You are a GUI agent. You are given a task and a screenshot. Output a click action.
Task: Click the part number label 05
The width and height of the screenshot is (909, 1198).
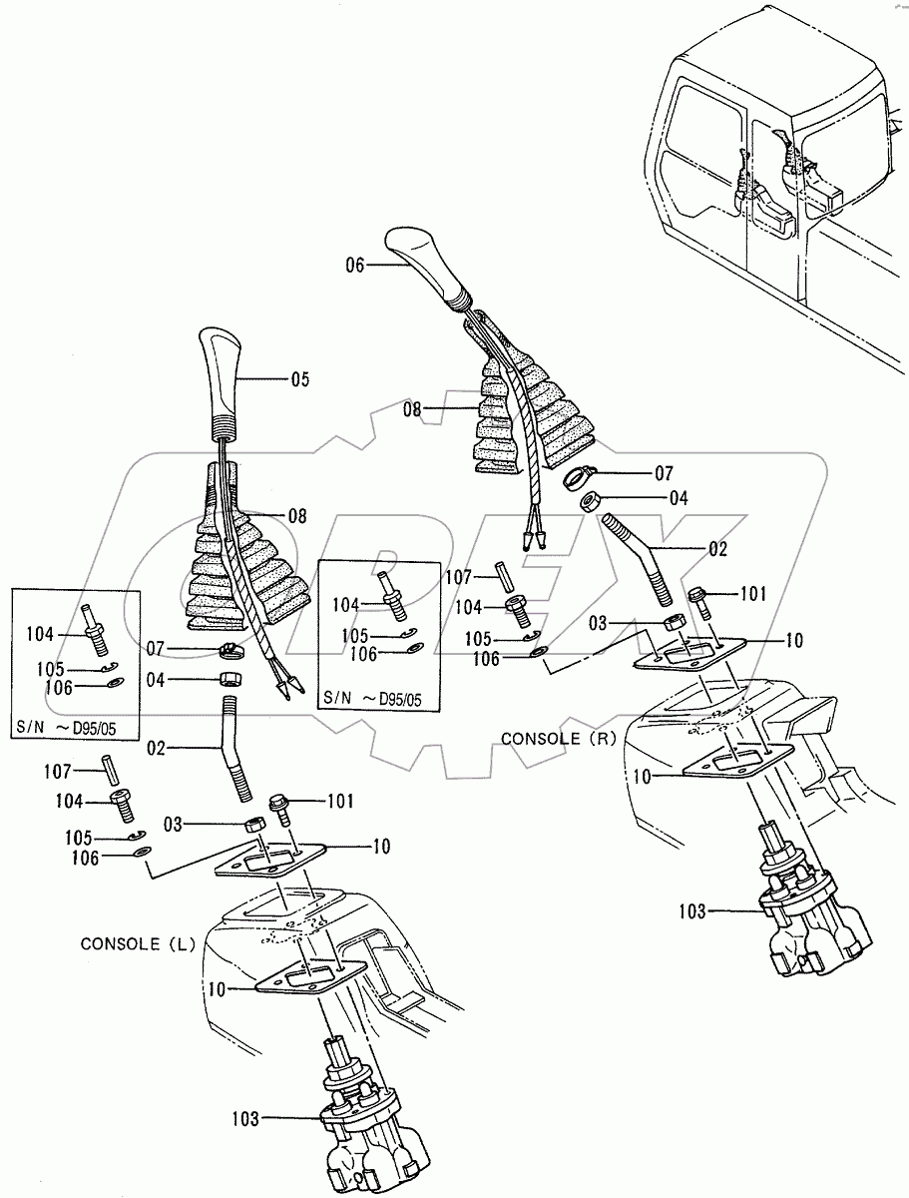tap(299, 379)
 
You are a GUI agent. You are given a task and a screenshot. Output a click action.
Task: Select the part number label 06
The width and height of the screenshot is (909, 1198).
tap(356, 266)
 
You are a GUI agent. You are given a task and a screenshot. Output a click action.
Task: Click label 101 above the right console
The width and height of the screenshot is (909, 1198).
tap(752, 593)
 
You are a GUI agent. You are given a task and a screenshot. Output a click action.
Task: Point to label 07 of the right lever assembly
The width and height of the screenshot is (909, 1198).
tap(664, 471)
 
